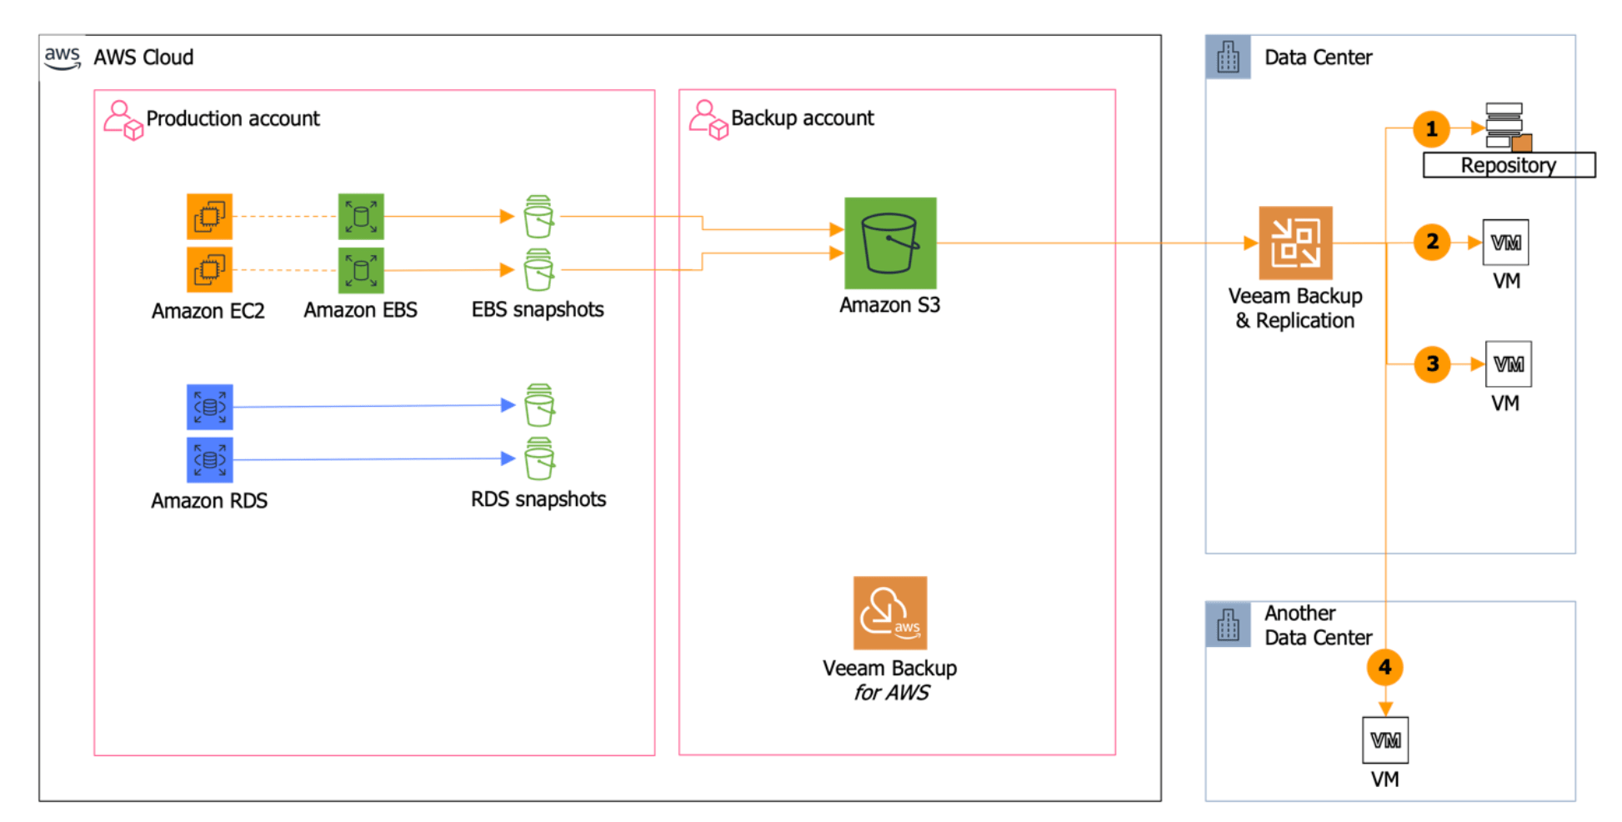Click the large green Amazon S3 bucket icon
pyautogui.click(x=889, y=243)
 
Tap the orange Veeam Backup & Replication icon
pyautogui.click(x=1294, y=243)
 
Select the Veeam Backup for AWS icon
pyautogui.click(x=889, y=613)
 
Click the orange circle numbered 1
pyautogui.click(x=1431, y=129)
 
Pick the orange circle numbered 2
pyautogui.click(x=1432, y=242)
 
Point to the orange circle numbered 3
pyautogui.click(x=1432, y=363)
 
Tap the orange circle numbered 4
pyautogui.click(x=1384, y=667)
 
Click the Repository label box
pyautogui.click(x=1508, y=165)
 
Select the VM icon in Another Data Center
pyautogui.click(x=1384, y=739)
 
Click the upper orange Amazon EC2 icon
pyautogui.click(x=209, y=217)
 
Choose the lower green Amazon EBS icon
pyautogui.click(x=361, y=270)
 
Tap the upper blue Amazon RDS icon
pyautogui.click(x=209, y=407)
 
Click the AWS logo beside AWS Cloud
pyautogui.click(x=63, y=58)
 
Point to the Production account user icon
pyautogui.click(x=123, y=120)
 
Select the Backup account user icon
pyautogui.click(x=708, y=120)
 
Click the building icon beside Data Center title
pyautogui.click(x=1228, y=58)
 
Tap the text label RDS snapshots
pyautogui.click(x=538, y=499)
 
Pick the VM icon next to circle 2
pyautogui.click(x=1505, y=243)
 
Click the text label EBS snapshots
pyautogui.click(x=538, y=309)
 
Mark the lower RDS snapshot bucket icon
pyautogui.click(x=539, y=459)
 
